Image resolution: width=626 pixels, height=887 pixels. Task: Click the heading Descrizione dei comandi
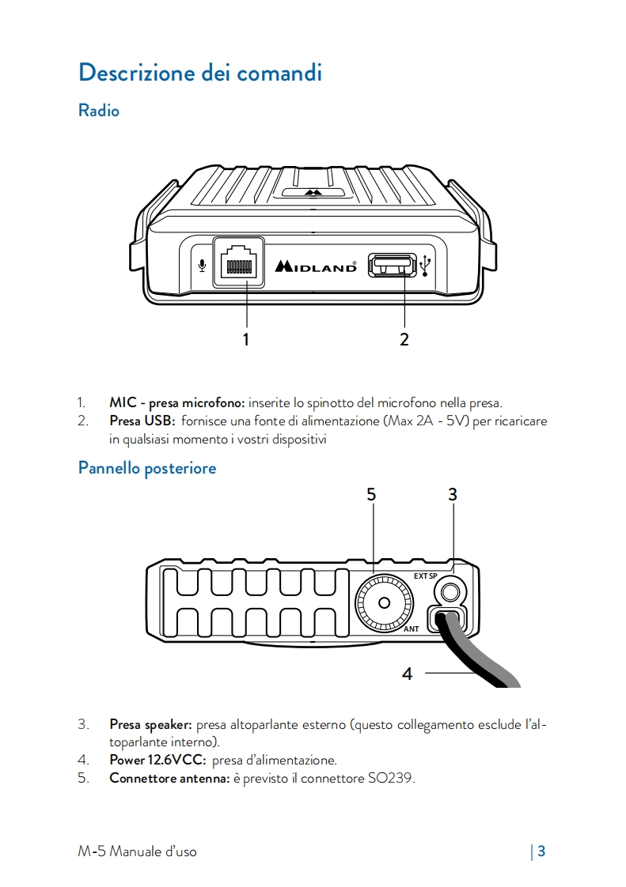[x=200, y=73]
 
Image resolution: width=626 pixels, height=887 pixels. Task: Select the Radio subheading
[x=99, y=111]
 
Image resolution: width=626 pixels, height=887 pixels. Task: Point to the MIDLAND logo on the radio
[x=316, y=266]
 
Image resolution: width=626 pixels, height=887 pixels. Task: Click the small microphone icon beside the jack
[x=203, y=266]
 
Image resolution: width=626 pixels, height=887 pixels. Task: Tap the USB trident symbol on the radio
[x=427, y=266]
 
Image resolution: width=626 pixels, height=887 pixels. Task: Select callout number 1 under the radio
[x=246, y=340]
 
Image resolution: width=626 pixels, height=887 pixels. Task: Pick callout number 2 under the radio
[x=404, y=340]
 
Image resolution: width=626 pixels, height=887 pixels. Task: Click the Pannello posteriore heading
[x=147, y=468]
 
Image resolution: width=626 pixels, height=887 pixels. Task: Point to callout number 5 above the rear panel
[x=371, y=495]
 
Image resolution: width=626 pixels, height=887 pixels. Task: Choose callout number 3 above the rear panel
[x=453, y=495]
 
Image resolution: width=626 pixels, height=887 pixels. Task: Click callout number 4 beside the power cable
[x=407, y=674]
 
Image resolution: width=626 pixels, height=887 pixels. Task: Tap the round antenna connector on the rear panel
[x=385, y=603]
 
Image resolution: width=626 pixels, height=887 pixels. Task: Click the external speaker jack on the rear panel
[x=451, y=590]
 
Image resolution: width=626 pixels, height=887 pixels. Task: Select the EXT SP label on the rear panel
[x=425, y=576]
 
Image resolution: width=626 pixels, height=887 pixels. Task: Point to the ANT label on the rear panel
[x=412, y=629]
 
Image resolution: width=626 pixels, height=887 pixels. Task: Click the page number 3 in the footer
[x=541, y=851]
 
